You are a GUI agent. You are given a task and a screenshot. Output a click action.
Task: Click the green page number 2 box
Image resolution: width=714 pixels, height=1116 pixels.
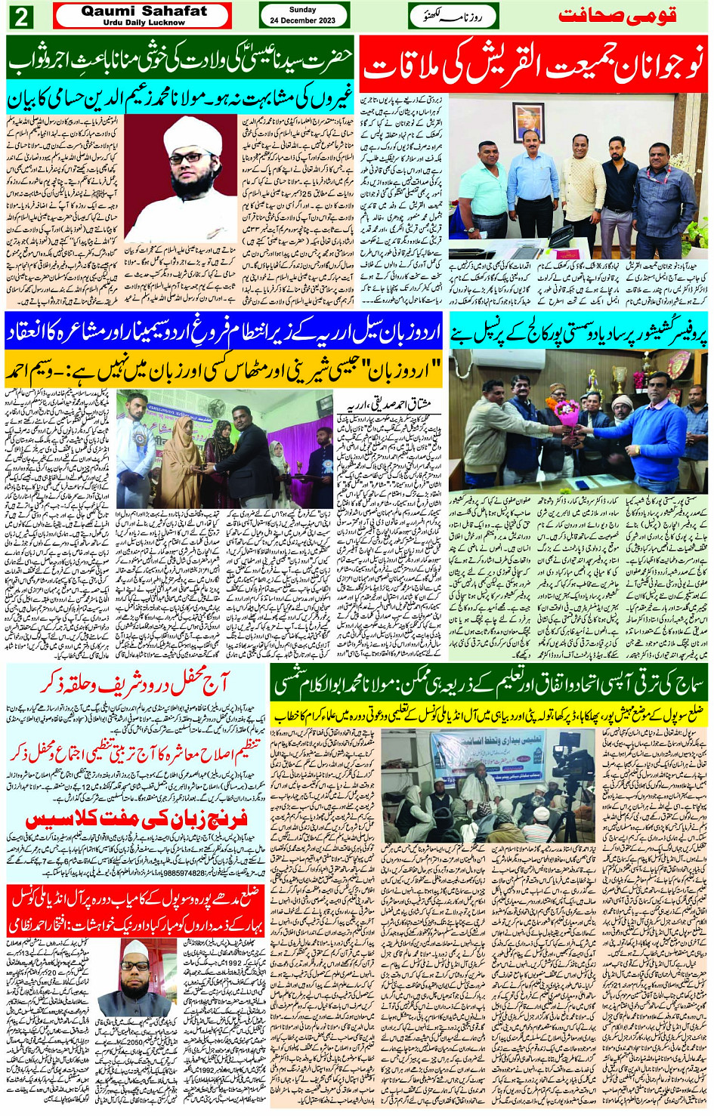[20, 16]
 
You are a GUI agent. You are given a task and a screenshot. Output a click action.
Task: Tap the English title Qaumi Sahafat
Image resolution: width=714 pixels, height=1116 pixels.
[144, 11]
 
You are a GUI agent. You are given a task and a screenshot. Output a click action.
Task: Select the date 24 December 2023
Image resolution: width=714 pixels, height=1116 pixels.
[303, 20]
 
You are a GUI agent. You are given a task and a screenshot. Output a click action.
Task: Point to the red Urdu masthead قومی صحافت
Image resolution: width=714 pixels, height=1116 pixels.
[617, 16]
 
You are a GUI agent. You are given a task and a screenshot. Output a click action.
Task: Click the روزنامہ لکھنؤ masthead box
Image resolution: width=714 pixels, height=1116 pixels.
[453, 16]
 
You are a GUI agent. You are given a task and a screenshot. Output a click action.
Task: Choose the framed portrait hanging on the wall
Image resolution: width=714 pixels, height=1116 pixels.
[528, 122]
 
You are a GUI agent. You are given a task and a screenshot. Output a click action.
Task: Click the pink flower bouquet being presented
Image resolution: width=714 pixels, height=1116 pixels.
[566, 412]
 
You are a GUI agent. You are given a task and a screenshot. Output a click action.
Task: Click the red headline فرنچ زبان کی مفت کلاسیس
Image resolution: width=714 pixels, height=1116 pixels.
[137, 820]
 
